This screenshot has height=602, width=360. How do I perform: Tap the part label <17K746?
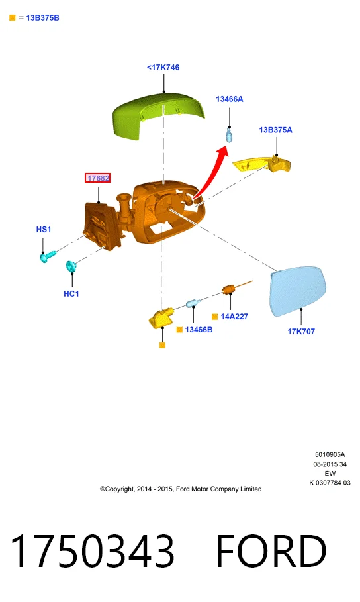(x=163, y=67)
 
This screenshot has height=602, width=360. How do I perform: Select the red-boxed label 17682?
(x=98, y=178)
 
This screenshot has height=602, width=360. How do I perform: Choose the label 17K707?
(x=301, y=331)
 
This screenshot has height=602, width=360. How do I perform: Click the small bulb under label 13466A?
(x=229, y=135)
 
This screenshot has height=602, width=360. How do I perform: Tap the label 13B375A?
(x=275, y=130)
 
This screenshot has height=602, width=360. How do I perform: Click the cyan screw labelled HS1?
(x=48, y=256)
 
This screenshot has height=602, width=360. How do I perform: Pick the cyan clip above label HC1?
(x=71, y=266)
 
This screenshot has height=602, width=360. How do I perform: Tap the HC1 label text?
(x=71, y=293)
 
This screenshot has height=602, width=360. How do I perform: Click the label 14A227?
(x=234, y=317)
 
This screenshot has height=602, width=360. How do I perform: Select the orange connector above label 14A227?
(x=229, y=289)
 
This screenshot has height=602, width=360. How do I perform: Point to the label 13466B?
(x=199, y=330)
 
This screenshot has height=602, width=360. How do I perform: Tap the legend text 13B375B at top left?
(x=42, y=18)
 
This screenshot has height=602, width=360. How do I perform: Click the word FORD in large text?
(x=271, y=550)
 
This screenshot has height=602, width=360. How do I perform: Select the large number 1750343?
(x=92, y=550)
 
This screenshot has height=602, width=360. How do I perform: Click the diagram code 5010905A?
(x=330, y=454)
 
